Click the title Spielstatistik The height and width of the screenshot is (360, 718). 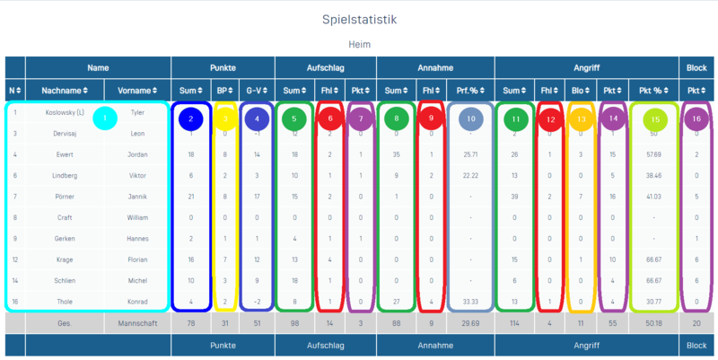[x=359, y=18]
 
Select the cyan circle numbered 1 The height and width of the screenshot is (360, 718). [x=106, y=117]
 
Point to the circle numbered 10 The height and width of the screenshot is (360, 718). [x=470, y=119]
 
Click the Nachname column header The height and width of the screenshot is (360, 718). [x=65, y=90]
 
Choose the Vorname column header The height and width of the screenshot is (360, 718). [x=137, y=90]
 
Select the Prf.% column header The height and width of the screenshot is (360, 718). [x=470, y=90]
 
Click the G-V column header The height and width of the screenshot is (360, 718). [x=257, y=90]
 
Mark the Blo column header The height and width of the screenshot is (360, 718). [x=580, y=90]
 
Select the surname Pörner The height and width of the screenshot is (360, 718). [x=65, y=195]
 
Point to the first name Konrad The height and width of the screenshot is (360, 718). [x=137, y=302]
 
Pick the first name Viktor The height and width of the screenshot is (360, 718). [x=137, y=174]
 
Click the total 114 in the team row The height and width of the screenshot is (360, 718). [x=514, y=321]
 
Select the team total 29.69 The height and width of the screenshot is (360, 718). [x=470, y=321]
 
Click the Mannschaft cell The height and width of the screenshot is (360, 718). [x=137, y=321]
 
